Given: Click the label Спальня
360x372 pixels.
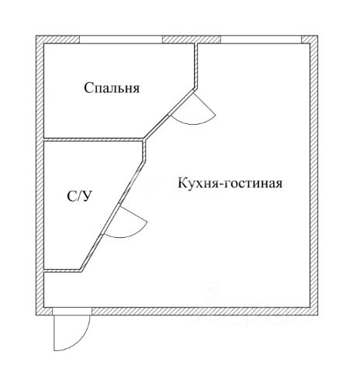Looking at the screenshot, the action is click(112, 88).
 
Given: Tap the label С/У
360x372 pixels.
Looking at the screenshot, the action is click(79, 197).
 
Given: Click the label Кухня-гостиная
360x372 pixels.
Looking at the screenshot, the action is click(230, 183).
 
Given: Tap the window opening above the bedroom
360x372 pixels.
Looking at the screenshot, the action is click(121, 40).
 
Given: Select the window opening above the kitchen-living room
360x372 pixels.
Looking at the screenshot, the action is click(261, 40).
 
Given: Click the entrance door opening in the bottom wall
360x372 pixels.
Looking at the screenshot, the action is click(72, 312).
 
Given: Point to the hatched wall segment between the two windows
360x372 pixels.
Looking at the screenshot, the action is click(192, 40).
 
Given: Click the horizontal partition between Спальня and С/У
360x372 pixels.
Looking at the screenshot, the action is click(94, 139).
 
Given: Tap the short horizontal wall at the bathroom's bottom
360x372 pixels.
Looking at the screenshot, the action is click(62, 270).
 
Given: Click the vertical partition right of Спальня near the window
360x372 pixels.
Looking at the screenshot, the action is click(196, 66).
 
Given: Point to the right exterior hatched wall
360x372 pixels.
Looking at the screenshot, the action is click(313, 175).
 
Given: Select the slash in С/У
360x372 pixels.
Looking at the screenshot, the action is click(79, 197).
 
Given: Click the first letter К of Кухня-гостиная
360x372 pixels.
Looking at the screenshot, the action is click(182, 183).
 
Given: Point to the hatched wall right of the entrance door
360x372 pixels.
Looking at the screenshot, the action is click(205, 312).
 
